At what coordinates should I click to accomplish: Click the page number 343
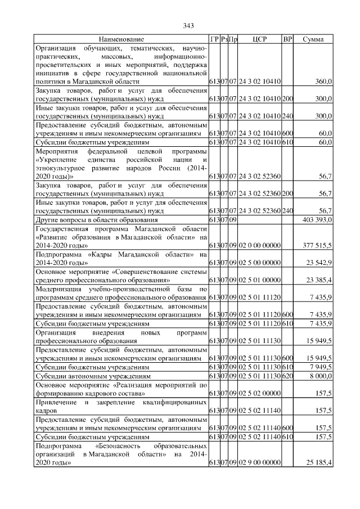tap(188, 26)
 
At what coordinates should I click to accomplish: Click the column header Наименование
tap(121, 39)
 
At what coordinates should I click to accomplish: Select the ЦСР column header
tap(260, 39)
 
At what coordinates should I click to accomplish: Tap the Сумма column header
tap(313, 39)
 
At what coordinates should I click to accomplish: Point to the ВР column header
tap(287, 39)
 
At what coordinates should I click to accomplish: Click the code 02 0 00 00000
tap(260, 245)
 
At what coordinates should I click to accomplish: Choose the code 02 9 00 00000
tap(260, 462)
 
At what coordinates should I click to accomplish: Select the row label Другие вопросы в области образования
tap(93, 219)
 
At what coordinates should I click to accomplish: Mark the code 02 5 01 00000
tap(260, 279)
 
